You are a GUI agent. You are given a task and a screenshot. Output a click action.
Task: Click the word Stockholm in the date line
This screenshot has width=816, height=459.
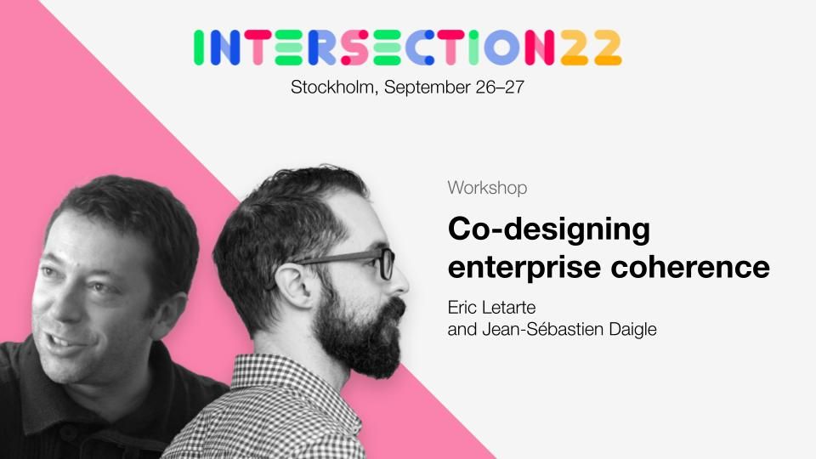click(332, 87)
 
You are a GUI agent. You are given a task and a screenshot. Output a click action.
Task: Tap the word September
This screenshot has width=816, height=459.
click(427, 88)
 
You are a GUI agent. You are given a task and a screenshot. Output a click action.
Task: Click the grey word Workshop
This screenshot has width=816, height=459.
click(487, 188)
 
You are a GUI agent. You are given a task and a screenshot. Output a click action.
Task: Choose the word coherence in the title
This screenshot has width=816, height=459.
click(690, 267)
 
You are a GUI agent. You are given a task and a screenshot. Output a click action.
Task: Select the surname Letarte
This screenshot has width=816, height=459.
click(509, 307)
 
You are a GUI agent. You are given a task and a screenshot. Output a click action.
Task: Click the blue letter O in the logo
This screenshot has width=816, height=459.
click(501, 48)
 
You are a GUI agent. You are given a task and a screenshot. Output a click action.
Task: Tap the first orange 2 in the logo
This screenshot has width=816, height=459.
click(574, 48)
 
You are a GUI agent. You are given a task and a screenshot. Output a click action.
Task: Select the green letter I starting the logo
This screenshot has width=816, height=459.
click(198, 48)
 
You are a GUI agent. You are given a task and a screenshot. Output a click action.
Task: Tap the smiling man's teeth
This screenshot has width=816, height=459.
click(59, 341)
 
